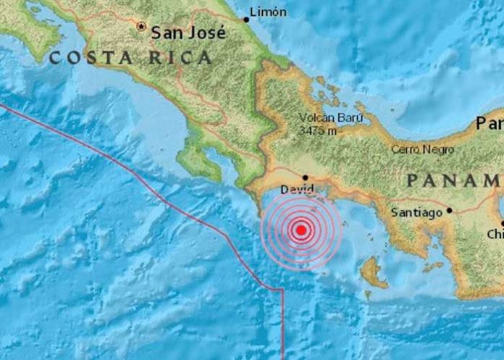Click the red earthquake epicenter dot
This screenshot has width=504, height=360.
[301, 230]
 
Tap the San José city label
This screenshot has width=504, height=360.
[188, 32]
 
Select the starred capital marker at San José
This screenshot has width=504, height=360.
[142, 26]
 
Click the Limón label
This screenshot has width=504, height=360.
[268, 12]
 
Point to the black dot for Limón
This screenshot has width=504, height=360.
[245, 20]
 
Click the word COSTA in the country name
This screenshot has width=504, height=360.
[83, 58]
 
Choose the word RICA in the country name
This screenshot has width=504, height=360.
[180, 58]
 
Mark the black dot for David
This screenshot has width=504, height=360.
[306, 177]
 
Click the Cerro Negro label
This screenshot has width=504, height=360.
[422, 149]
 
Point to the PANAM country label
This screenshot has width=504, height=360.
[453, 180]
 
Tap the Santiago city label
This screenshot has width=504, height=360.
[416, 213]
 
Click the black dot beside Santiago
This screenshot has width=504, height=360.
[449, 211]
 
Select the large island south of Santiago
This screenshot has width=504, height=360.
[373, 273]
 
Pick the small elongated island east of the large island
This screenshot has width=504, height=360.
[432, 267]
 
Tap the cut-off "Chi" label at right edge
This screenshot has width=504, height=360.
[495, 234]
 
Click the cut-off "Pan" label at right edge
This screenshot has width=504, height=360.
[490, 123]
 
